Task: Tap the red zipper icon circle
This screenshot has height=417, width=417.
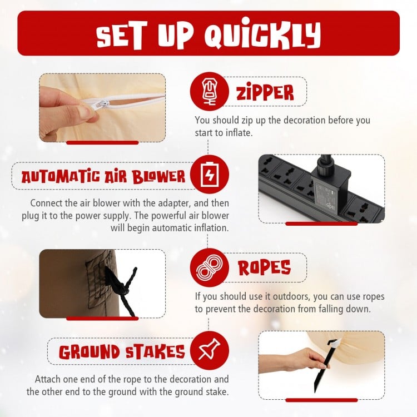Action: click(x=209, y=91)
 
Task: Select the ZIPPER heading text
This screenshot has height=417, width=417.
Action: click(x=265, y=92)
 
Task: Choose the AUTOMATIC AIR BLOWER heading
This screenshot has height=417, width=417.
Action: click(x=103, y=176)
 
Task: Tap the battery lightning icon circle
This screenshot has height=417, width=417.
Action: click(x=210, y=175)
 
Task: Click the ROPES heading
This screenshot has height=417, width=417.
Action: click(x=264, y=267)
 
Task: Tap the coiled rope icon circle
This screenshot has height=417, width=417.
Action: click(x=210, y=267)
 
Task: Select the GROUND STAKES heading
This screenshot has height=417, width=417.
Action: click(x=122, y=352)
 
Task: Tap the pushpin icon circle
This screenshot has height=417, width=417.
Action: click(x=210, y=351)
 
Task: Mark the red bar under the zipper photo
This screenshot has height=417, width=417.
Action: click(x=102, y=143)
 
